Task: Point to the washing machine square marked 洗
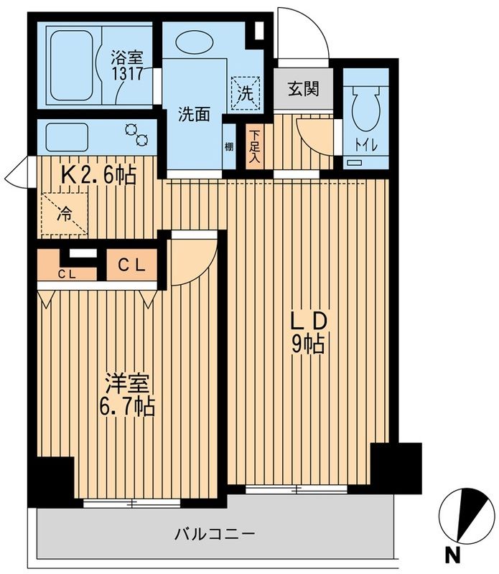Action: click(245, 92)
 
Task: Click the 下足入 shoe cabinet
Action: click(255, 147)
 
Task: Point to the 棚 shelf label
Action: click(228, 147)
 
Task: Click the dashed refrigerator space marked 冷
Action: click(64, 213)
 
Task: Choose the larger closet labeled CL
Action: click(132, 265)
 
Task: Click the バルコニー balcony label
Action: click(215, 535)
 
